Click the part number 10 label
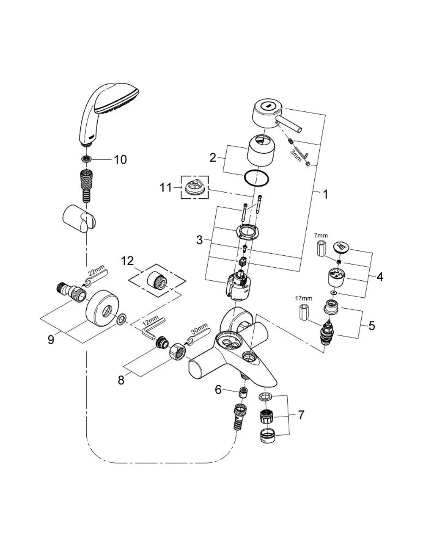tap(121, 160)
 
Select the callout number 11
tap(165, 187)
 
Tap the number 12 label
tap(127, 261)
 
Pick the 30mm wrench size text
tap(199, 328)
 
